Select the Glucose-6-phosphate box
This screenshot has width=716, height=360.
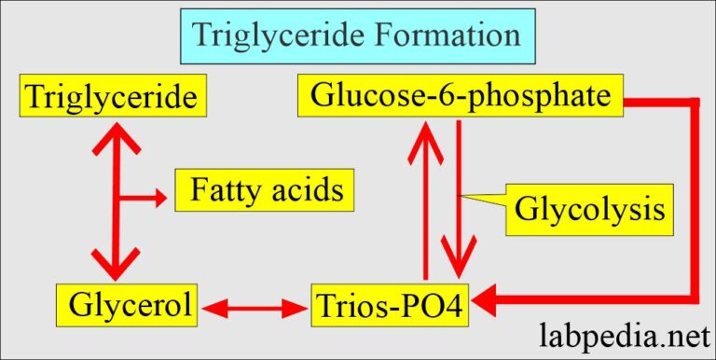[460, 96]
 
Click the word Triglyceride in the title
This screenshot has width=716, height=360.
[275, 35]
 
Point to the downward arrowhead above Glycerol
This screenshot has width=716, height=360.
[117, 263]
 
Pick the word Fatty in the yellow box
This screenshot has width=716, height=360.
[223, 192]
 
